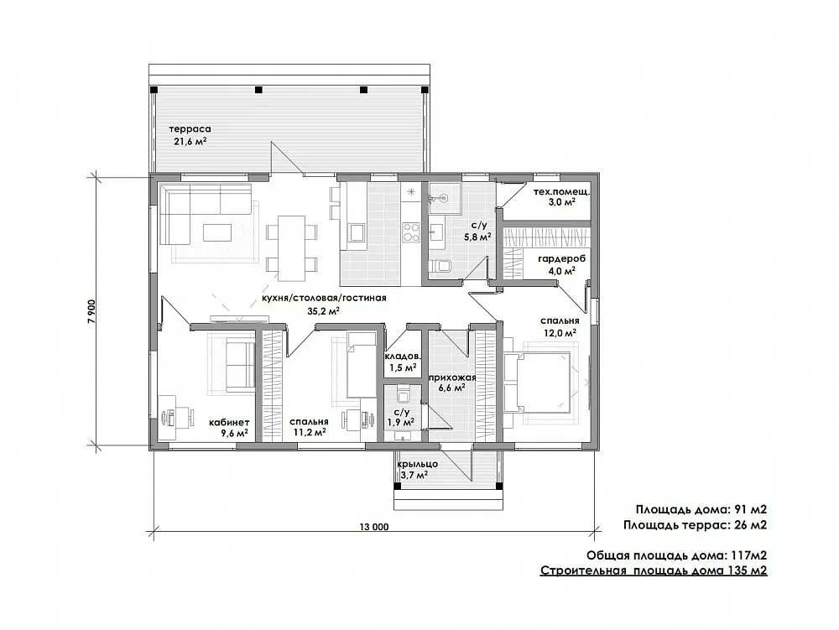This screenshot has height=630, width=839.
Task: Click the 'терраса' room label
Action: click(x=190, y=129)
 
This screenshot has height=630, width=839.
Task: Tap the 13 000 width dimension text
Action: click(x=374, y=527)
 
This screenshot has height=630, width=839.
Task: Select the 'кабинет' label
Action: click(x=229, y=422)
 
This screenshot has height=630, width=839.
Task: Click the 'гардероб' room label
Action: click(x=562, y=259)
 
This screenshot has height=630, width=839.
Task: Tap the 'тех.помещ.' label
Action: click(x=562, y=191)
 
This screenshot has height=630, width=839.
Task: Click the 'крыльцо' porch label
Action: click(x=418, y=464)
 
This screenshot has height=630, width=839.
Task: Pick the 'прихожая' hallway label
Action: click(x=452, y=377)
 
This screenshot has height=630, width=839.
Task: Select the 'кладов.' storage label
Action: click(x=403, y=357)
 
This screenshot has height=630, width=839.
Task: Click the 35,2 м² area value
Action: click(x=324, y=310)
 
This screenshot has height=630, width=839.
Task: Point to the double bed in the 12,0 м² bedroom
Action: click(x=538, y=383)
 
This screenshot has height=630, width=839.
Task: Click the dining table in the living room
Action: click(x=292, y=247)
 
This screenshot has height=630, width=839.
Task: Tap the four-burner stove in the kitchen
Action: click(x=411, y=232)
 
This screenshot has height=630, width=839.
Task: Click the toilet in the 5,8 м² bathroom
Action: click(x=441, y=266)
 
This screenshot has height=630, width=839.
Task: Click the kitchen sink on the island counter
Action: click(x=356, y=232)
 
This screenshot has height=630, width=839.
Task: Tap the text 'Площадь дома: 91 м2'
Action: click(x=701, y=509)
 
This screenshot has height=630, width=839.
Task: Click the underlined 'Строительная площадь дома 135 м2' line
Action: click(x=654, y=570)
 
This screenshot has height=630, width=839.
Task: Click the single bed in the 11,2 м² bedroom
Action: click(x=362, y=365)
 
